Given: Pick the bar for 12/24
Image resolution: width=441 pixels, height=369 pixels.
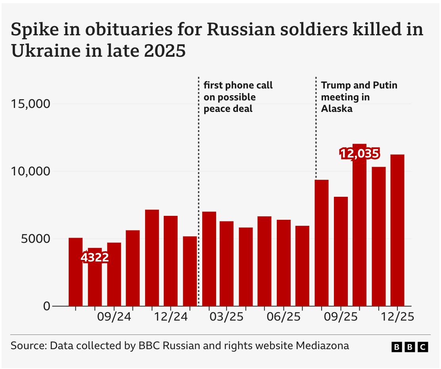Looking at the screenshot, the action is tap(171, 261).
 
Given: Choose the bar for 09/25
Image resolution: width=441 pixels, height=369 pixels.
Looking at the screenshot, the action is tap(341, 251).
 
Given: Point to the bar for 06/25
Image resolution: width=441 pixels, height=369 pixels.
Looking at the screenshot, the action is tap(284, 263).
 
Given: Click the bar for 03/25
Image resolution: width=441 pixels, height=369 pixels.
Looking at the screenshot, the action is tap(227, 263).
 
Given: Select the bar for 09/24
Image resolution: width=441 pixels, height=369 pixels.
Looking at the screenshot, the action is tap(114, 274).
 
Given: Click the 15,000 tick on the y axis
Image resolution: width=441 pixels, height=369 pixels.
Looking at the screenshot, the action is tap(31, 104).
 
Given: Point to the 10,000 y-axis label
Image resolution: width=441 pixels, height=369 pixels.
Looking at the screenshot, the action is tap(31, 171).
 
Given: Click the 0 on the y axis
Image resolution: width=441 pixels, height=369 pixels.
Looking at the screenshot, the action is tap(47, 306).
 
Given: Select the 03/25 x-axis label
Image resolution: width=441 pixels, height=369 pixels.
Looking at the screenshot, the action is tap(226, 317).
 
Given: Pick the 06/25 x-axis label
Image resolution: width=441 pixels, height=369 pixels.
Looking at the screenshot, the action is tap(284, 317).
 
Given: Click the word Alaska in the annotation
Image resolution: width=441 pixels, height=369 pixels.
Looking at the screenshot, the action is tap(337, 109).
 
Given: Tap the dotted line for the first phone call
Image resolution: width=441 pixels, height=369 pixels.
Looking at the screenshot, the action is tap(199, 191).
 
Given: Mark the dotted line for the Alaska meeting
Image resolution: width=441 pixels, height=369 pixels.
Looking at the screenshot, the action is tap(316, 128).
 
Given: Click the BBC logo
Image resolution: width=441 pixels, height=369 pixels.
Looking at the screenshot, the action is tap(410, 347).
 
